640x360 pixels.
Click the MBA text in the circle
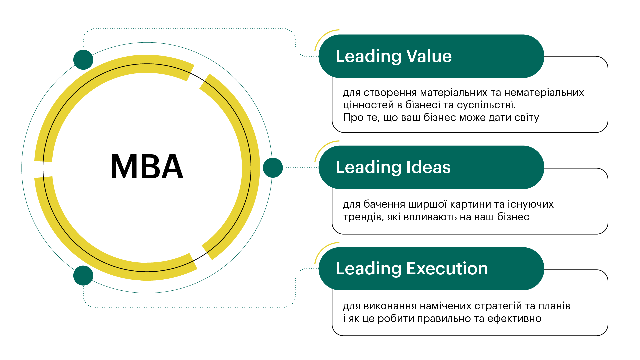(147, 167)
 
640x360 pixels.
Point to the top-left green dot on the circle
(83, 60)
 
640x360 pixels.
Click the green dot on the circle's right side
(273, 168)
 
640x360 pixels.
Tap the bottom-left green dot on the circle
(83, 276)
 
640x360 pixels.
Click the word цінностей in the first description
(369, 105)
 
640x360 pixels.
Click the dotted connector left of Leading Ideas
(301, 167)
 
